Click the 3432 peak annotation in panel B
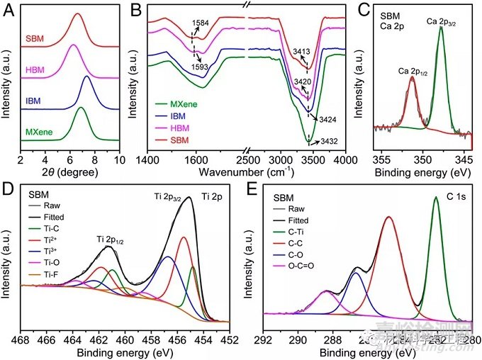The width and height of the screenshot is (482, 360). click(x=330, y=141)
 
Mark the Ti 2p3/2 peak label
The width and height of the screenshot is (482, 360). click(x=172, y=196)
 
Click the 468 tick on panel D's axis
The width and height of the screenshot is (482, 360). click(x=21, y=339)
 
